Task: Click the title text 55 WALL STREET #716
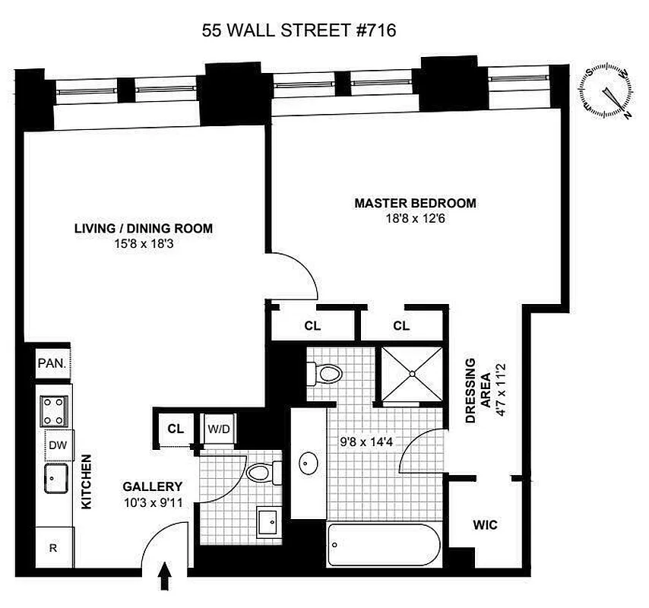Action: point(299,30)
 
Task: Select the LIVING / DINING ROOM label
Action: point(143,228)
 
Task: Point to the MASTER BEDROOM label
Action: point(415,203)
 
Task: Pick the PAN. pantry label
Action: point(52,363)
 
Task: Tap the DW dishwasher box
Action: point(57,445)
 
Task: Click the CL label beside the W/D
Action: point(176,429)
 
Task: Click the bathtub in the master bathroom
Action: point(382,544)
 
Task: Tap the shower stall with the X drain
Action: point(411,373)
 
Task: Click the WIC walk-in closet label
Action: point(485,524)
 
